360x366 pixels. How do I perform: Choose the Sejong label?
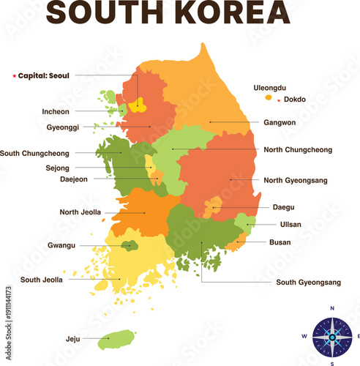tap(57, 168)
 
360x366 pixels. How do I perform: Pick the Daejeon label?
tap(73, 179)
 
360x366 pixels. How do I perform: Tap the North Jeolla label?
tap(80, 212)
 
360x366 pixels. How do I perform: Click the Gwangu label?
tap(61, 245)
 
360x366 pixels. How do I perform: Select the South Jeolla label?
tap(42, 279)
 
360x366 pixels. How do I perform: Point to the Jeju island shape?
tap(117, 339)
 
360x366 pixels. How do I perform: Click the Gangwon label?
tap(280, 123)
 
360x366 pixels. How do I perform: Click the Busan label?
tap(280, 242)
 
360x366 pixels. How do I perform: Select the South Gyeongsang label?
tap(308, 282)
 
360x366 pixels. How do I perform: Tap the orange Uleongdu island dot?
tap(269, 97)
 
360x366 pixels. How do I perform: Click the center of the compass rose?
tap(332, 337)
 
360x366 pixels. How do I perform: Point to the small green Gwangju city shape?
tap(130, 245)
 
